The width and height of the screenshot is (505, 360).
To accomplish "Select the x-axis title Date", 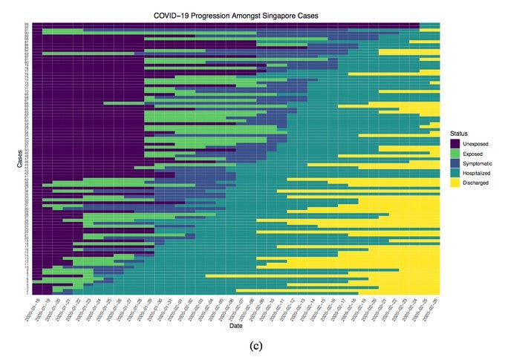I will pyautogui.click(x=235, y=326).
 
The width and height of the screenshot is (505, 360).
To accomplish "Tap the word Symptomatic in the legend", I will pyautogui.click(x=475, y=163).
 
